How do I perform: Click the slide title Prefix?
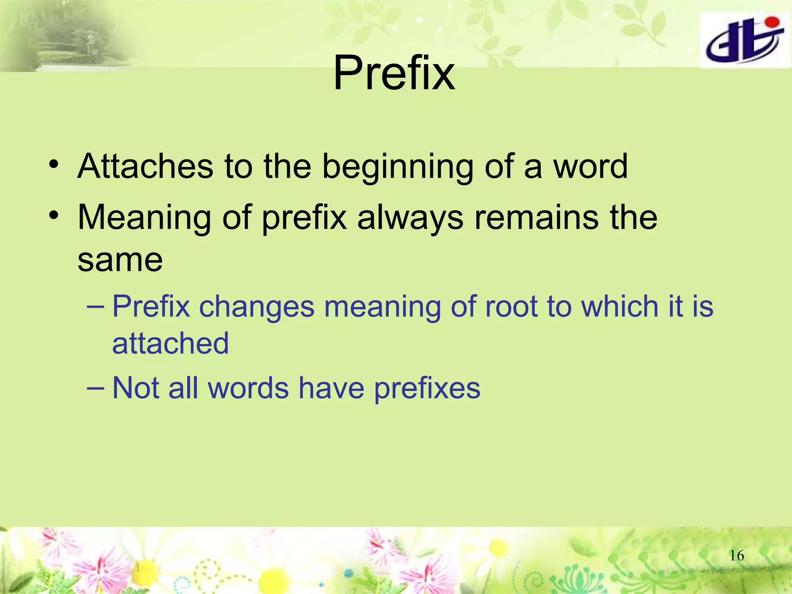394,73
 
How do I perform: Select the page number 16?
736,556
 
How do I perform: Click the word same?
120,260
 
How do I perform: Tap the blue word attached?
171,343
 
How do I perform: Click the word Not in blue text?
136,388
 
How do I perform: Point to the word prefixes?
427,389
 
